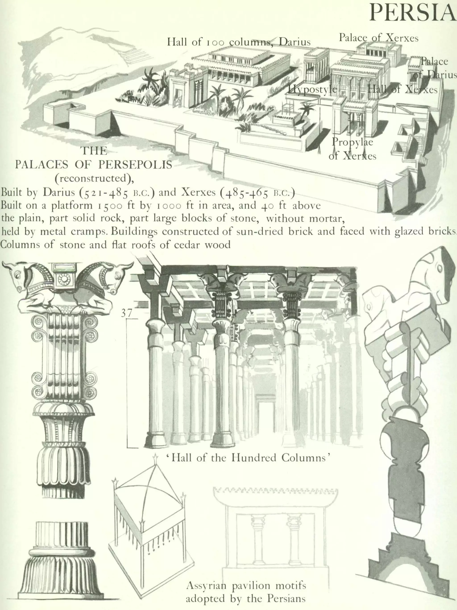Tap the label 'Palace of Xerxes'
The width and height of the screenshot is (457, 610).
(378, 38)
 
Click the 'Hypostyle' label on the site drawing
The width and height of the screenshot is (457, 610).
(312, 89)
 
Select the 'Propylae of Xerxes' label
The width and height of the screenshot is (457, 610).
(352, 149)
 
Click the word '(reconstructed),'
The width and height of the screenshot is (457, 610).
(94, 178)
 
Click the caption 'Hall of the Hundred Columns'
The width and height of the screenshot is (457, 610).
(248, 458)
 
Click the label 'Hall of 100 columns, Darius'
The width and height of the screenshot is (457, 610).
(239, 42)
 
